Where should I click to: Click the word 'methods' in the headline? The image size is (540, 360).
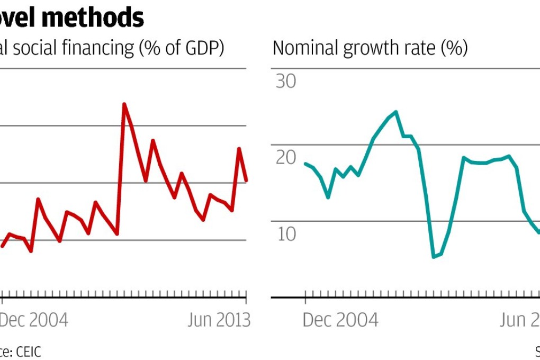pos(100,17)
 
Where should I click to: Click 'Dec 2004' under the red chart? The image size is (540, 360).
pos(34,320)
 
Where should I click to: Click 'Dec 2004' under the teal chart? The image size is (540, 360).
pos(340,320)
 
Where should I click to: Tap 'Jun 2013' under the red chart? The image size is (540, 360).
pos(218,320)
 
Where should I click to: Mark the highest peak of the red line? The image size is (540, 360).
pos(124,104)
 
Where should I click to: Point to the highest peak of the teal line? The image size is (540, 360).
pos(395,112)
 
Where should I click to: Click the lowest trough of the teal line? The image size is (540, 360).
pos(434,257)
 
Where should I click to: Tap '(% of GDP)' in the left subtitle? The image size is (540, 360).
pos(181,48)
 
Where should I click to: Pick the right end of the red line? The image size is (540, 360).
pos(247,181)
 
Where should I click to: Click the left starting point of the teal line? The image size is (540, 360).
pos(305,164)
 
